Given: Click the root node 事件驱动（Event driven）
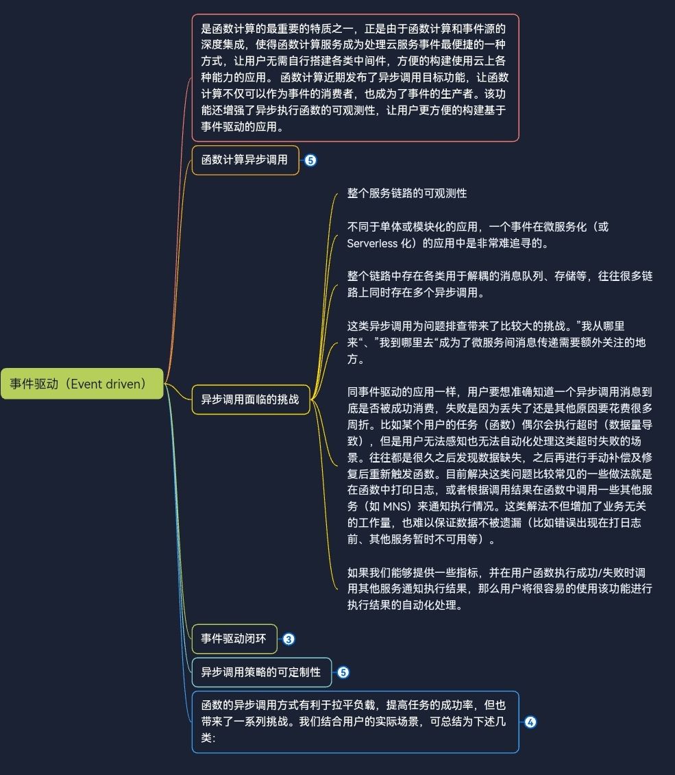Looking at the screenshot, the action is (x=82, y=384).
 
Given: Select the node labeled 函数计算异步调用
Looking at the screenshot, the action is (x=245, y=160).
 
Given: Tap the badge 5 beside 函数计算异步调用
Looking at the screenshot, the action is (x=310, y=160).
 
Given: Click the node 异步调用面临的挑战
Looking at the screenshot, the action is (x=250, y=399).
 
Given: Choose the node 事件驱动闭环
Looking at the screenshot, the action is (x=234, y=639).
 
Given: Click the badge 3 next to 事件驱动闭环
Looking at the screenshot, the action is (x=289, y=639).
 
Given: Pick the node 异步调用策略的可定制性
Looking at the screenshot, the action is (x=261, y=672).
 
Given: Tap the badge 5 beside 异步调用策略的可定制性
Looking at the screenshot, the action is (x=343, y=672).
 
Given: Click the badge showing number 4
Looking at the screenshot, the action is (x=530, y=722).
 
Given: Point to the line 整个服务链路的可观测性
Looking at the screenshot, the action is (x=407, y=193).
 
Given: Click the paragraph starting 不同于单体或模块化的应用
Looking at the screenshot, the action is (x=478, y=234).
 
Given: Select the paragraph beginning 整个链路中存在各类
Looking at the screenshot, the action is (x=500, y=284).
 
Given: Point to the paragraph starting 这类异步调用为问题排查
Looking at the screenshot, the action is (x=496, y=342).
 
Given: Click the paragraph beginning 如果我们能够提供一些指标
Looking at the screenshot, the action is (x=500, y=589).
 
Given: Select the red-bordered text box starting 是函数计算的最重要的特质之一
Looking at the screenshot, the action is (x=355, y=77).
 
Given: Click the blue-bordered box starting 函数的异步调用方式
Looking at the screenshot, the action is (x=355, y=722).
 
